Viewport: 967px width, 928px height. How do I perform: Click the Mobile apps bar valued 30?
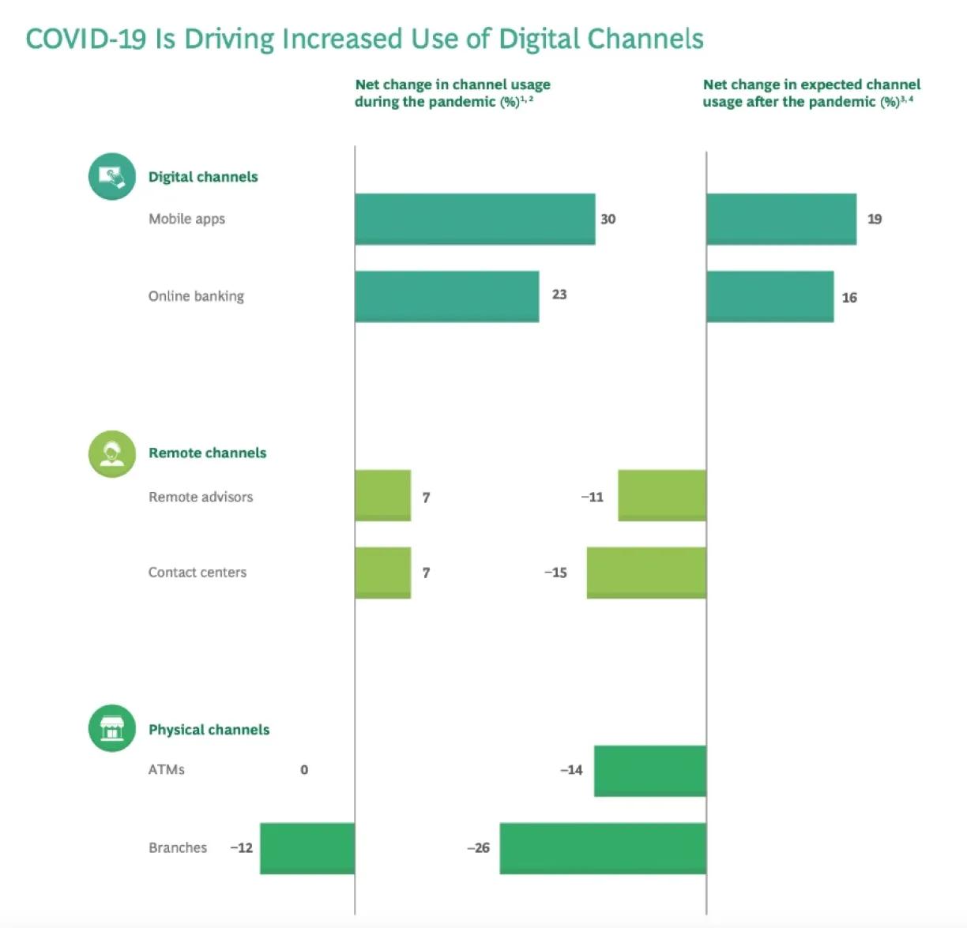(474, 219)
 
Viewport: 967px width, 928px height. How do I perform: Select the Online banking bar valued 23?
(446, 296)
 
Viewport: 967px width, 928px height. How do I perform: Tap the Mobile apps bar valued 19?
(781, 219)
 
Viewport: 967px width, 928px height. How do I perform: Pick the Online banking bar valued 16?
(769, 296)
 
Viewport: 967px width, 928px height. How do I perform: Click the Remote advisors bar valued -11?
(661, 495)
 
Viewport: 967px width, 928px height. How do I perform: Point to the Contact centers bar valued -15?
(645, 572)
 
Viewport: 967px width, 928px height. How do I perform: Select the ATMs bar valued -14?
(649, 770)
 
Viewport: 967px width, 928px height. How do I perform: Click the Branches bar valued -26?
(602, 847)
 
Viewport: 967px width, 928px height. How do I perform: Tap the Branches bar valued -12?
(307, 847)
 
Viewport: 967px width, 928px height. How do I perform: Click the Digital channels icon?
(111, 176)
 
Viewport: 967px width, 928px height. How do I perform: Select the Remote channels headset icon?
(111, 453)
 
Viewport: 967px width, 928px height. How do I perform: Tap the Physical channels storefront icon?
(111, 728)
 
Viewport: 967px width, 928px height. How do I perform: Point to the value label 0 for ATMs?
(304, 770)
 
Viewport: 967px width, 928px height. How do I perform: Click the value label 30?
(608, 219)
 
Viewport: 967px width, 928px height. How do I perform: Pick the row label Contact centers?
(198, 573)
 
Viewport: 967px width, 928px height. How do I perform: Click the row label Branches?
(178, 847)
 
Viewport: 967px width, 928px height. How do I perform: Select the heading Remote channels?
(207, 453)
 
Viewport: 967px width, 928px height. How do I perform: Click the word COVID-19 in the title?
(86, 39)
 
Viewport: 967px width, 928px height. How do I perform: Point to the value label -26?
(478, 847)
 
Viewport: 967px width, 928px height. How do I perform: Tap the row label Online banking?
(196, 296)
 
